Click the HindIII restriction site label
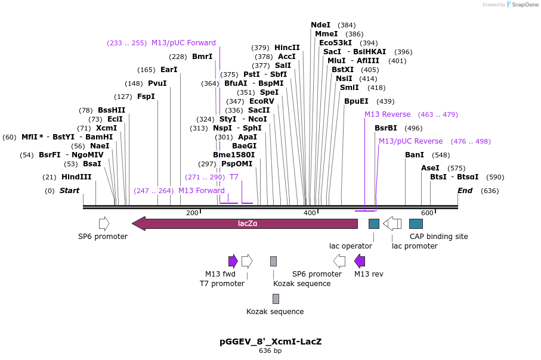click(x=76, y=177)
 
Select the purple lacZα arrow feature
click(x=245, y=224)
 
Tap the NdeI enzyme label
click(x=320, y=25)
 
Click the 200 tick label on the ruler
click(x=192, y=213)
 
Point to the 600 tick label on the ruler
click(x=427, y=213)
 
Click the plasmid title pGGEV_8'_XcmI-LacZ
click(x=270, y=342)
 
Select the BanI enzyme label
click(x=414, y=155)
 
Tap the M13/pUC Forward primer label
click(x=184, y=43)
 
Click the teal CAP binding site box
click(x=416, y=224)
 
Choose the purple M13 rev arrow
click(x=360, y=260)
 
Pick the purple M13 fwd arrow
click(x=233, y=260)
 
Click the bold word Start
click(x=69, y=191)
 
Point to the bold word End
click(x=465, y=191)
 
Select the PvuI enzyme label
click(x=157, y=83)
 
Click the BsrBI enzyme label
click(x=385, y=128)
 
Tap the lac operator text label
click(x=351, y=246)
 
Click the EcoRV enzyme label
click(x=261, y=101)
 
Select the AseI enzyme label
click(x=430, y=168)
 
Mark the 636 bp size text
click(x=270, y=351)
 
